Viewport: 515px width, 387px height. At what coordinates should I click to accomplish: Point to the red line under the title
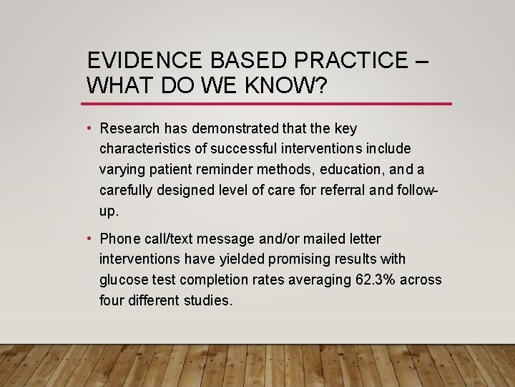tap(268, 104)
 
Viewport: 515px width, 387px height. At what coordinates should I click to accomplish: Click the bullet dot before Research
tap(89, 129)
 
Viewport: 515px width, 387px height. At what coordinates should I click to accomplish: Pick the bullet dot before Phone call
tap(89, 239)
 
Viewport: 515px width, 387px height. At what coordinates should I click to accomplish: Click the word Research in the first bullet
tap(131, 129)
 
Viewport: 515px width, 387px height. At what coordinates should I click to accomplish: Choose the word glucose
tap(124, 279)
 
